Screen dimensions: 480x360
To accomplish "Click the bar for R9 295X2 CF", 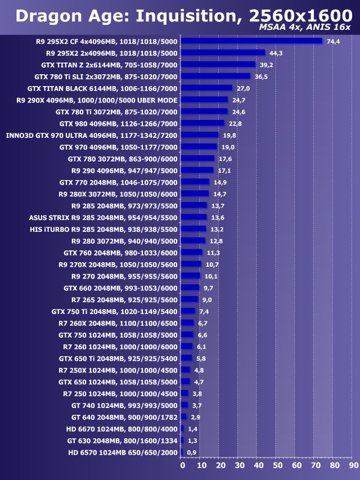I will click(x=251, y=41).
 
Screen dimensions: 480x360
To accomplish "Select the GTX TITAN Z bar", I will click(x=218, y=64).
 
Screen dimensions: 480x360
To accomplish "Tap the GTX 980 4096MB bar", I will click(x=202, y=123).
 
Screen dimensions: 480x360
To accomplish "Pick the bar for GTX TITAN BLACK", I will click(x=206, y=88).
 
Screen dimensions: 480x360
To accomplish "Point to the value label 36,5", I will click(x=261, y=77).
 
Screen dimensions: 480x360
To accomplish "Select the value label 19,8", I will click(x=229, y=135).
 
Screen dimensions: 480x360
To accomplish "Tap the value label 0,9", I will click(x=192, y=452).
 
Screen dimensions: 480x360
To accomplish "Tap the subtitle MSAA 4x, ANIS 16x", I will click(x=304, y=28).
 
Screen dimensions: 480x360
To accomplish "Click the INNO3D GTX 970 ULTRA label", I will click(x=92, y=135).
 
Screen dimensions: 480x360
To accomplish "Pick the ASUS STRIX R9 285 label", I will click(x=103, y=218).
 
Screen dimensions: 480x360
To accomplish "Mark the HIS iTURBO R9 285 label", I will click(x=103, y=229).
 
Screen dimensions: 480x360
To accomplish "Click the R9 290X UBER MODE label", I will click(x=97, y=100).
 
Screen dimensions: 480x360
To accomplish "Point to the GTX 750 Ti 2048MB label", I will click(x=114, y=311).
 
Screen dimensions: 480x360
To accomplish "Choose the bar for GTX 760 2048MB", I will click(x=192, y=252).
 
